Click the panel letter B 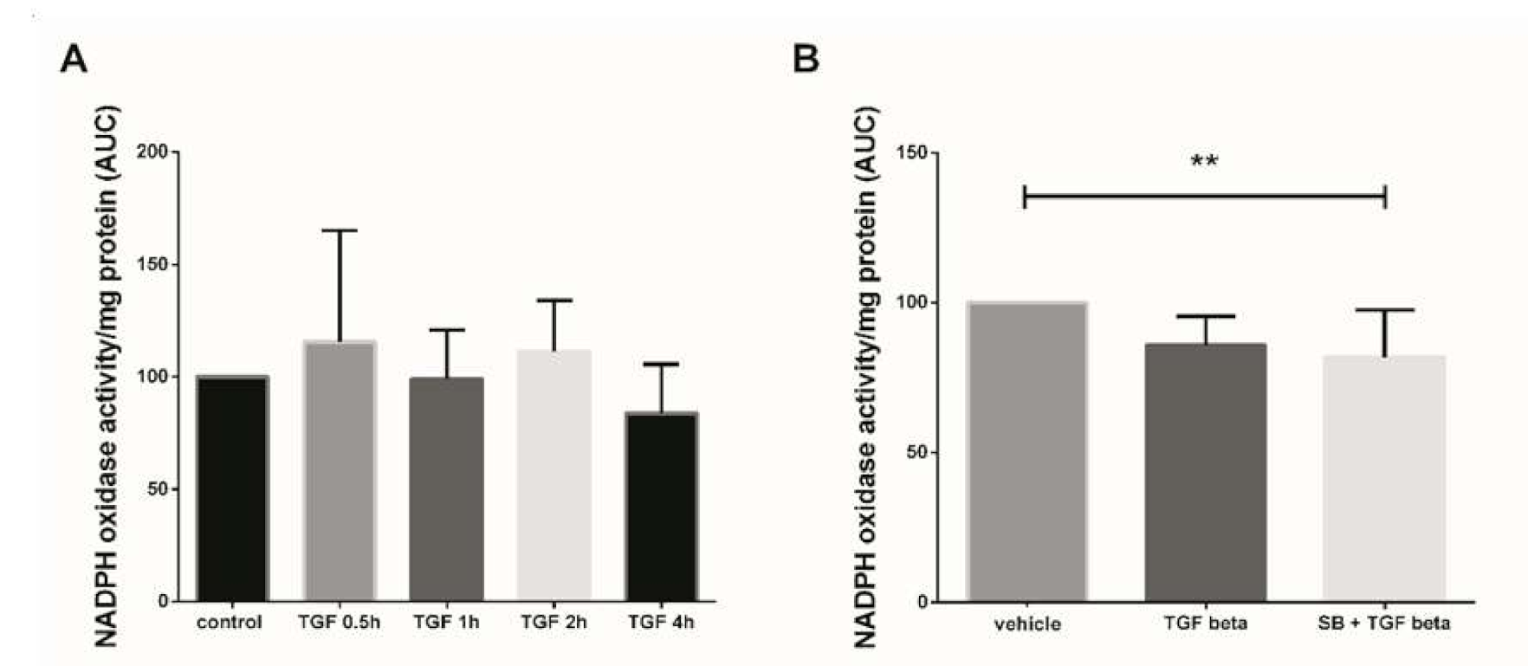[x=806, y=59]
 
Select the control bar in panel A [x=232, y=488]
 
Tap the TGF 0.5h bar [x=339, y=471]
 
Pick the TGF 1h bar [x=446, y=489]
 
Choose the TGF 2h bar [x=554, y=475]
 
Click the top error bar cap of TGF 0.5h [x=339, y=230]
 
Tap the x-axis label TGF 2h [x=554, y=622]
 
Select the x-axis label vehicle [x=1027, y=624]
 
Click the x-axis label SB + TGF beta [x=1383, y=624]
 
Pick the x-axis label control [x=229, y=622]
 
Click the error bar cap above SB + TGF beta [x=1384, y=310]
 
